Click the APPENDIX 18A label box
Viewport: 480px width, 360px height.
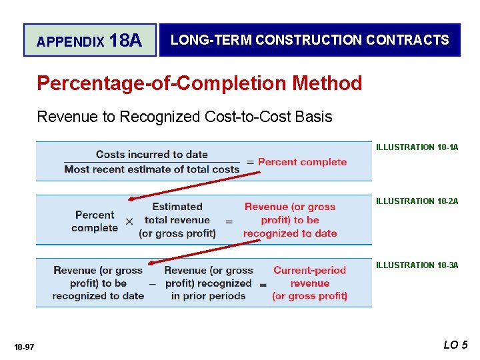click(89, 41)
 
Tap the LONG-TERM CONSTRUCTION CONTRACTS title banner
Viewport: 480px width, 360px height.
click(309, 40)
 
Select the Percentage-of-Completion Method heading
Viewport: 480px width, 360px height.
click(199, 83)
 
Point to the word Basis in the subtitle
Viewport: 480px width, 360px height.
click(313, 117)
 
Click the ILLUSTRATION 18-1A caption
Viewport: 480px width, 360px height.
click(417, 147)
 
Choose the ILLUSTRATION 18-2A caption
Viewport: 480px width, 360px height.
click(417, 201)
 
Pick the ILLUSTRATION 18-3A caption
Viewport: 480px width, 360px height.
click(417, 265)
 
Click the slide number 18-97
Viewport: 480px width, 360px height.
click(24, 347)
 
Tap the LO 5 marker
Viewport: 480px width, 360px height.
click(455, 345)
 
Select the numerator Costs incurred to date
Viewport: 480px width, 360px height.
click(152, 155)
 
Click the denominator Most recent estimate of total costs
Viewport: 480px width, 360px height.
click(152, 169)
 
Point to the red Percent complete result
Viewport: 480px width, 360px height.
click(302, 162)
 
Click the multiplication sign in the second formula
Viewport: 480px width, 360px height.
click(129, 221)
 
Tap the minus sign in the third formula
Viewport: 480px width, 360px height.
click(153, 283)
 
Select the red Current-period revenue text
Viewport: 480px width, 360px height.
click(309, 283)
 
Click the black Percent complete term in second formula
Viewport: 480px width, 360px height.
click(95, 221)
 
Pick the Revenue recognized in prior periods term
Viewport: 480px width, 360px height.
click(208, 283)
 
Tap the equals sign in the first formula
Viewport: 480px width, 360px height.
click(251, 162)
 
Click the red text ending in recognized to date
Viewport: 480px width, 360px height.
click(290, 220)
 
